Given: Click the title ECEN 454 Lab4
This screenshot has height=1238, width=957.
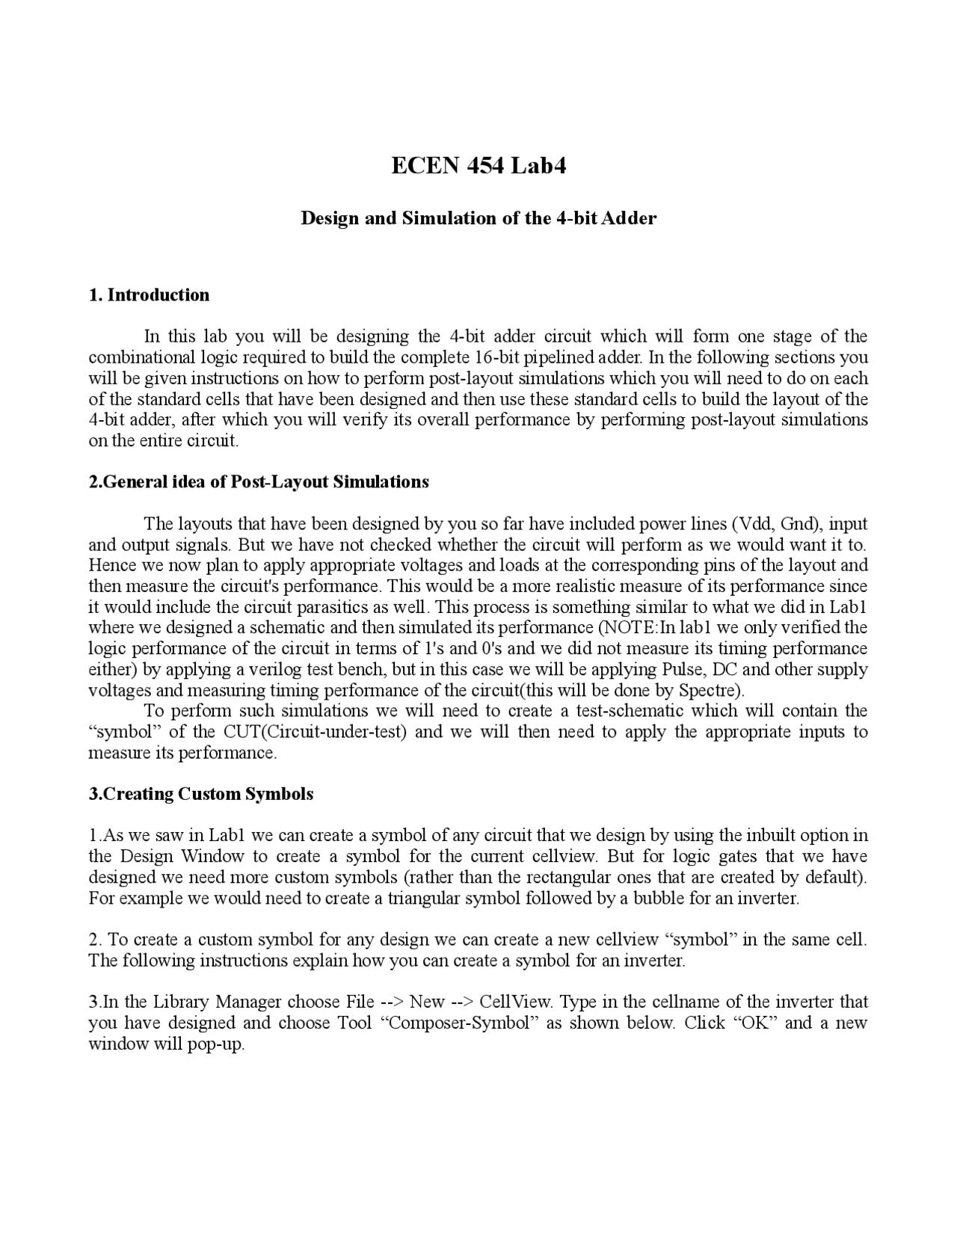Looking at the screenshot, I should [478, 165].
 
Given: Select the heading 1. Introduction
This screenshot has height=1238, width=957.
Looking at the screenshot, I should [149, 295].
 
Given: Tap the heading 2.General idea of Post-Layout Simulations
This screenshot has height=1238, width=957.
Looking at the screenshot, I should [259, 481].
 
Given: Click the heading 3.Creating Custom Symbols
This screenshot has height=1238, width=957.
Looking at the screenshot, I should [201, 794].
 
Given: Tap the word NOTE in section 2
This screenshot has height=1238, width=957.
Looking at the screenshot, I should [633, 627].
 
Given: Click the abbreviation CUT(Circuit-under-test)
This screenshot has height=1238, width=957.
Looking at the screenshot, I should [315, 732].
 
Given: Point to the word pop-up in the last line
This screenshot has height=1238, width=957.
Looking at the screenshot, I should [220, 1044].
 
